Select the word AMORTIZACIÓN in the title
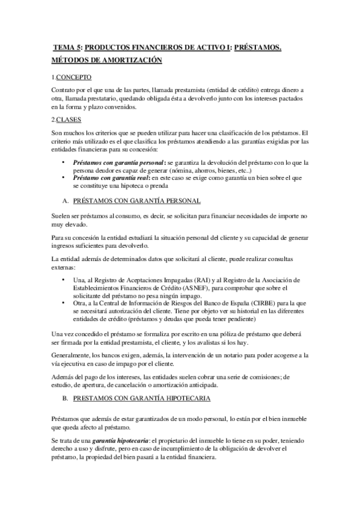point(129,60)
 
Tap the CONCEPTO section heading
point(74,77)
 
